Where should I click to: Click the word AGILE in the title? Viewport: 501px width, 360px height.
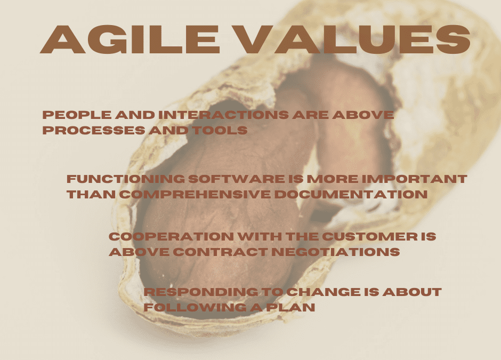130,39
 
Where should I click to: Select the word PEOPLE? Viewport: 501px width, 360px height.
77,115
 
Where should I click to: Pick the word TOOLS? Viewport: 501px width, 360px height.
220,130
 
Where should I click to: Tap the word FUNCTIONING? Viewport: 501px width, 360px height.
126,179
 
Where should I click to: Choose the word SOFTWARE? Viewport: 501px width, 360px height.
237,179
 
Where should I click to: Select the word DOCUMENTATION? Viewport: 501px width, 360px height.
351,194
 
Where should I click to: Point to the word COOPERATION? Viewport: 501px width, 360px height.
171,237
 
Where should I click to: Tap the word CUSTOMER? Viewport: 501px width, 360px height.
370,237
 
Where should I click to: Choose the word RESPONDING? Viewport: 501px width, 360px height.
201,292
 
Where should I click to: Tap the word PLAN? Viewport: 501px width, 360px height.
291,307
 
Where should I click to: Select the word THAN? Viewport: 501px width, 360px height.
91,194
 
